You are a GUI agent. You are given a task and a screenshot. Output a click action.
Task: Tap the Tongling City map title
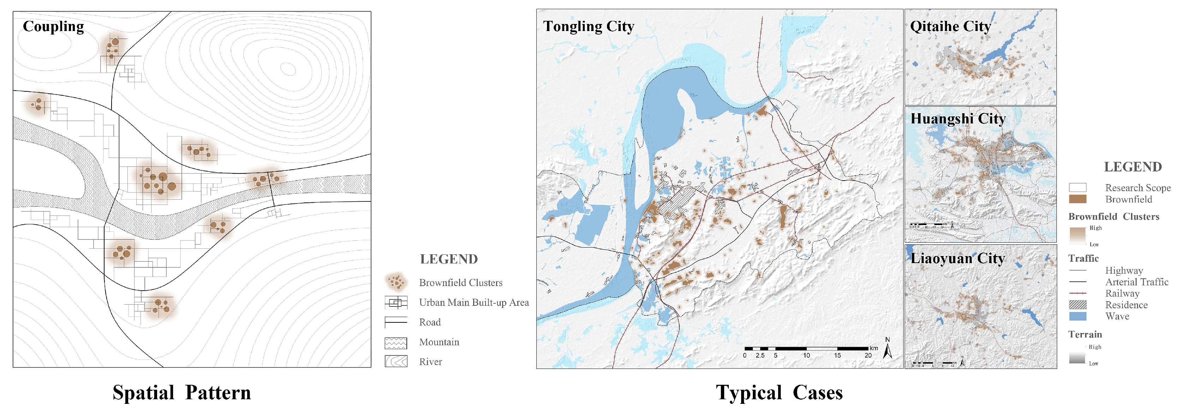point(588,26)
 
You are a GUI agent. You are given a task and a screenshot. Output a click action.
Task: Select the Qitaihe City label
point(950,26)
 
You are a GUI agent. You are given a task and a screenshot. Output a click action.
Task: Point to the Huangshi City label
point(958,119)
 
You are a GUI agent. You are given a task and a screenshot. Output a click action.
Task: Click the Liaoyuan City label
point(958,259)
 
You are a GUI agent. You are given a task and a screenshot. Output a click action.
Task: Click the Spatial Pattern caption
point(182,393)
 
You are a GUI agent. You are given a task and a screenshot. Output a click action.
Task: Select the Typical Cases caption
point(779,393)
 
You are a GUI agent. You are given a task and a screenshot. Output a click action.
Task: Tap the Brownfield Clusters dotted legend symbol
point(395,282)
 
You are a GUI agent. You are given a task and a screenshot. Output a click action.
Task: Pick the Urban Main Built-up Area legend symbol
point(395,302)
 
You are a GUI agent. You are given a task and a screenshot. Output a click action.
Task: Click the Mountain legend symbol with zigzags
point(395,342)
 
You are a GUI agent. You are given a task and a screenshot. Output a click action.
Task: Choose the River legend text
point(430,362)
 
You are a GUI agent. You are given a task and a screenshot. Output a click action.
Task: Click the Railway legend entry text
point(1122,293)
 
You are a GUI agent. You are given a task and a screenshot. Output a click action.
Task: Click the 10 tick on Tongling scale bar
point(806,355)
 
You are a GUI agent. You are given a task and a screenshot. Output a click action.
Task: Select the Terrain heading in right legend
point(1085,334)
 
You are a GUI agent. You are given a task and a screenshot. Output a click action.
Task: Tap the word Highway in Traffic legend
point(1124,270)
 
